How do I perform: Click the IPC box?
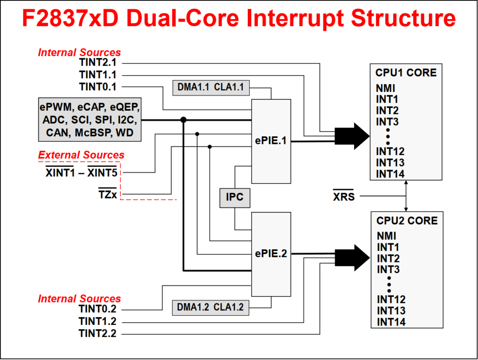tap(235, 198)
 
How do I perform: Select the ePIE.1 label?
tap(271, 141)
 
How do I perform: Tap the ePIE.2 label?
tap(271, 254)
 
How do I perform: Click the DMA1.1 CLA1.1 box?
tap(211, 88)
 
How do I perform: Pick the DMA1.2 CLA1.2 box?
tap(211, 308)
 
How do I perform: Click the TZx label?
tap(108, 194)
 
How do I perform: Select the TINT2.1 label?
tap(98, 63)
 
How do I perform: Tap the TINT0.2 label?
tap(98, 309)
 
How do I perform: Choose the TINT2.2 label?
tap(98, 333)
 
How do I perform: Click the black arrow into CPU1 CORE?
tap(352, 136)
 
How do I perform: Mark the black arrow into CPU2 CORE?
tap(352, 258)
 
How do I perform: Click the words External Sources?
tap(81, 155)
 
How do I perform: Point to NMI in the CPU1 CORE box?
tap(385, 88)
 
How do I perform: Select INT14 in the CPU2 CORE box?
tap(391, 322)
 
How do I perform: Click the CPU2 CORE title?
tap(407, 221)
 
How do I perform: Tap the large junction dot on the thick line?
tap(183, 120)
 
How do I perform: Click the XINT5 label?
tap(102, 173)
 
